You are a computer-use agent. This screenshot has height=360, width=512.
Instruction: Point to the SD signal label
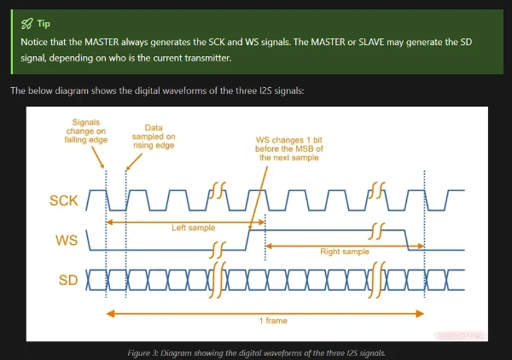pyautogui.click(x=67, y=279)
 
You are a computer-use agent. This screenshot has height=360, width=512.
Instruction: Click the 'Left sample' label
pyautogui.click(x=193, y=229)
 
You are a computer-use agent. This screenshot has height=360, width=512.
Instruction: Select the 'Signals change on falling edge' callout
pyautogui.click(x=85, y=131)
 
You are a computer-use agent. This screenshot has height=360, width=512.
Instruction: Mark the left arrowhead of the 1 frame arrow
pyautogui.click(x=109, y=313)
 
